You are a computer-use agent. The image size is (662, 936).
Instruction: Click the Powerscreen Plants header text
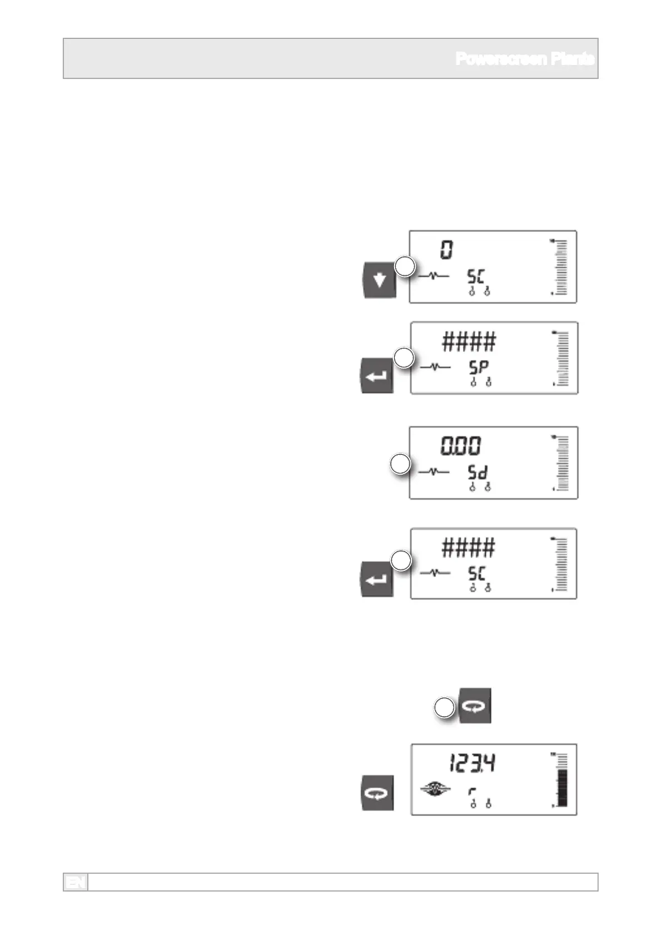coord(525,58)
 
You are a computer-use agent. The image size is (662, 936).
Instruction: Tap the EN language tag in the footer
coord(76,882)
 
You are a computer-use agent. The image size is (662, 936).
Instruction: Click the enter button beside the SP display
coord(377,376)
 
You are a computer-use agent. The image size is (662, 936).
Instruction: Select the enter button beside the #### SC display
coord(377,579)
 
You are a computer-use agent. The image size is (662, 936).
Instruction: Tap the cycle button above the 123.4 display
coord(475,706)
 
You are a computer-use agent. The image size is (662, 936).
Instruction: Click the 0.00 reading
coord(461,446)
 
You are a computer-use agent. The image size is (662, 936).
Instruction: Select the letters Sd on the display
coord(477,473)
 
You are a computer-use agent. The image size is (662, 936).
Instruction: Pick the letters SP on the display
coord(477,368)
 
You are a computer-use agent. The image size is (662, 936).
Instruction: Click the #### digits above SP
coord(469,342)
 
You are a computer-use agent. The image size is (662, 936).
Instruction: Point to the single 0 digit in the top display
coord(447,250)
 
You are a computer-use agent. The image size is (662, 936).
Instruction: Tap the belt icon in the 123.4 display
coord(436,789)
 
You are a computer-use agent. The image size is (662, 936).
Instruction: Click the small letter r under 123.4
coord(472,791)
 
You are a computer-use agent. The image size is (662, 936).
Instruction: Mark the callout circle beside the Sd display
coord(400,464)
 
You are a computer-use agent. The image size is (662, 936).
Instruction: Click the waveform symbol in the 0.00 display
coord(434,472)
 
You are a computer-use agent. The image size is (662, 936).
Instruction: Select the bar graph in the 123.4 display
coord(563,780)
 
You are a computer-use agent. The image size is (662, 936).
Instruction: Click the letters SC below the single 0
coord(476,276)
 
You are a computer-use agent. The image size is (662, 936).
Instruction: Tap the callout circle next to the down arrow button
coord(405,267)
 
